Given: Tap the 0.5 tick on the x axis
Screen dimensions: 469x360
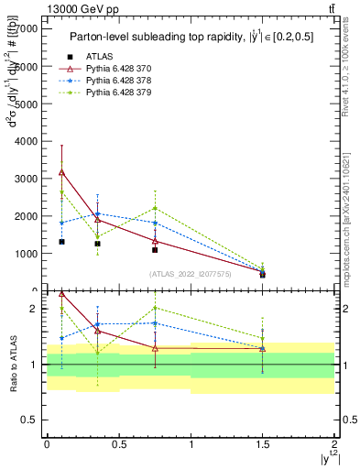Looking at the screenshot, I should pyautogui.click(x=118, y=443).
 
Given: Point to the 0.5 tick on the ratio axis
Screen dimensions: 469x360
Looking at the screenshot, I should pyautogui.click(x=34, y=420).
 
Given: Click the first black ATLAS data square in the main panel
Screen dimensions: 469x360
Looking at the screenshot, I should pyautogui.click(x=61, y=242).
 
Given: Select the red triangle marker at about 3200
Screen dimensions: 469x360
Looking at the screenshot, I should pyautogui.click(x=61, y=172).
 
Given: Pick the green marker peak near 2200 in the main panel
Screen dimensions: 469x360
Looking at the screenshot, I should pyautogui.click(x=155, y=208).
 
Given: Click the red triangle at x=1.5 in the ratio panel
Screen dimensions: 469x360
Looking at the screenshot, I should pyautogui.click(x=263, y=349).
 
